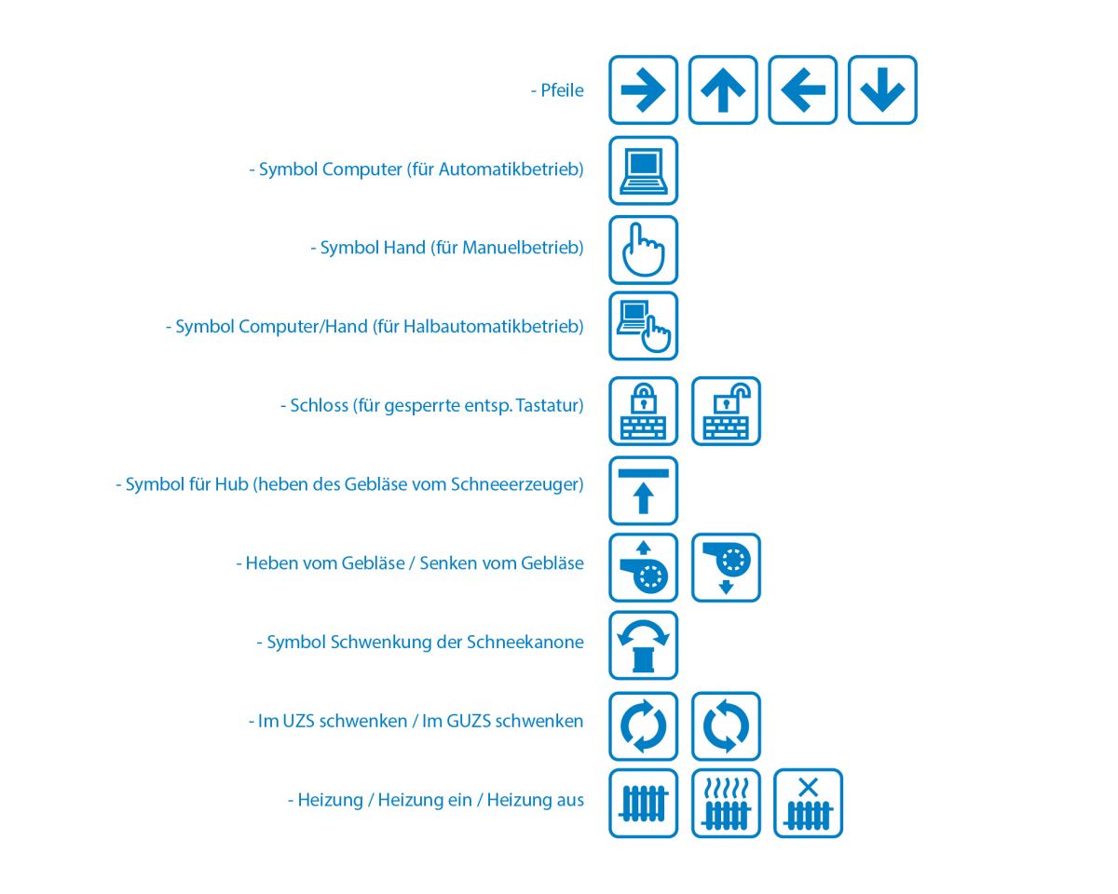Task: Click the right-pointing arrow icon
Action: coord(643,90)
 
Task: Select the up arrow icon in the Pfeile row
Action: coord(723,90)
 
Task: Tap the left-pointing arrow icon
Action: coord(803,90)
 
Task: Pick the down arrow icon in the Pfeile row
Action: coord(882,90)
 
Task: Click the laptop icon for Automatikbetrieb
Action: coord(643,170)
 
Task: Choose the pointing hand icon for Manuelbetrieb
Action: coord(643,250)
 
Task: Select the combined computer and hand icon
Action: coord(643,326)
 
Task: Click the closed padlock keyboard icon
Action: coord(643,411)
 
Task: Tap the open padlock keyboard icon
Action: coord(727,411)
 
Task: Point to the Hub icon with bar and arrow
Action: coord(643,491)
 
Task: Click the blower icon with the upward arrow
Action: coord(643,567)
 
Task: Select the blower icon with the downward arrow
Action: coord(727,567)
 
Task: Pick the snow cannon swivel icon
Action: coord(643,645)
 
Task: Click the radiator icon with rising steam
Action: coord(727,803)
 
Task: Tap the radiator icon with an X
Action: coord(809,803)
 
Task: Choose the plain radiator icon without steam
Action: coord(643,803)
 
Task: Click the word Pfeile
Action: coord(562,90)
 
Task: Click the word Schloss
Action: coord(319,405)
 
